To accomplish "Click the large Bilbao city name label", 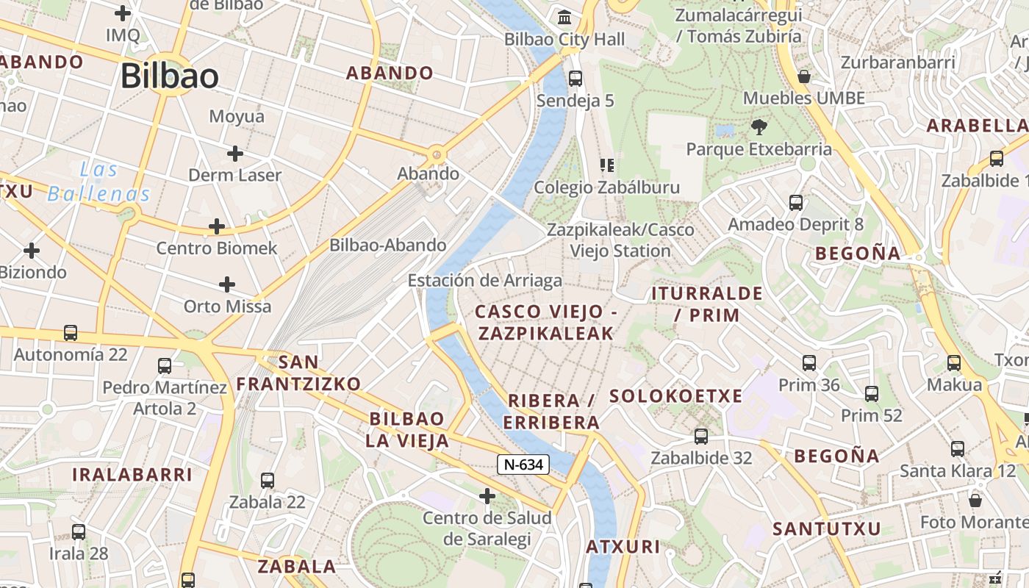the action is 170,76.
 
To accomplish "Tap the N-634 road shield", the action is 523,465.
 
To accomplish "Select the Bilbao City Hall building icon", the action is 564,16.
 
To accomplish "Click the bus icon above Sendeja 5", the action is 576,78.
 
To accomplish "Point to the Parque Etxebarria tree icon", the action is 759,126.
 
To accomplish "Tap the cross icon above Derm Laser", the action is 235,154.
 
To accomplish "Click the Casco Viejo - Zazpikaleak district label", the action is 545,323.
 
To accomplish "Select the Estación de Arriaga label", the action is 484,280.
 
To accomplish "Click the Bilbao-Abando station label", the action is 387,245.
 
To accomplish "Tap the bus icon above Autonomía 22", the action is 71,332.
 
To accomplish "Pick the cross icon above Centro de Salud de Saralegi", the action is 487,496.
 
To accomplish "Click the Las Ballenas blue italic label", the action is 99,182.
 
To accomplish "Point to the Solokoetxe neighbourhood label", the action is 675,396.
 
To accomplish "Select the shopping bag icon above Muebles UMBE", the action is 804,76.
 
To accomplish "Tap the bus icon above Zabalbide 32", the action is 701,436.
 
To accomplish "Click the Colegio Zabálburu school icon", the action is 607,165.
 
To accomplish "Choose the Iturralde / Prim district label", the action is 706,304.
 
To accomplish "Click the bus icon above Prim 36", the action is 809,362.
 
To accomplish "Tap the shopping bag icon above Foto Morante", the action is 975,501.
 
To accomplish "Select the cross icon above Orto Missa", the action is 227,284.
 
